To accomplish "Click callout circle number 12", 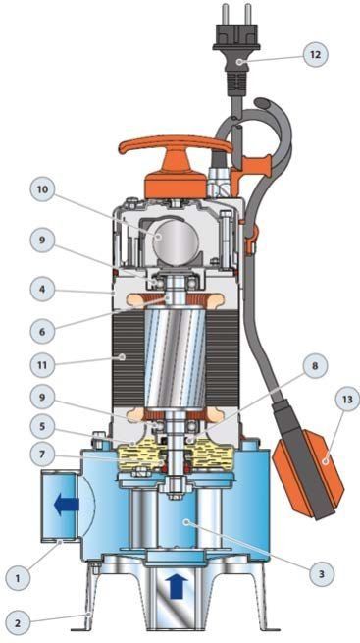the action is [315, 54].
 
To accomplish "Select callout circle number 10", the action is [42, 190].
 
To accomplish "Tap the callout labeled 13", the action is [347, 400].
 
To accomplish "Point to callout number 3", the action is [321, 574].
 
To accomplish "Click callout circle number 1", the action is [18, 578].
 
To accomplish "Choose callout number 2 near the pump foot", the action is [18, 623].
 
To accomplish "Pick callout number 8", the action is [315, 366].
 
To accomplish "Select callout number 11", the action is [42, 364].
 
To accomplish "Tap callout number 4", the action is [42, 289].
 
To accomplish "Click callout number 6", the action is [42, 331].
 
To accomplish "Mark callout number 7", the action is [42, 455].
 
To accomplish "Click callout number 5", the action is [42, 426].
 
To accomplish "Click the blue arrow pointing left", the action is [66, 505].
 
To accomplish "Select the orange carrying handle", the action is [176, 164].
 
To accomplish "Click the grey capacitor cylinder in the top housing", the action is [176, 239].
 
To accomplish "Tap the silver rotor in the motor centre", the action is [176, 356].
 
